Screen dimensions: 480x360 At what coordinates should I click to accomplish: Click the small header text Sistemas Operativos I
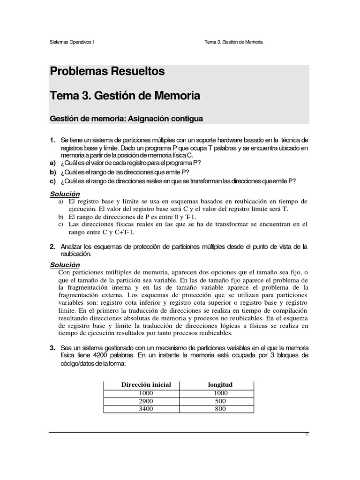coord(72,42)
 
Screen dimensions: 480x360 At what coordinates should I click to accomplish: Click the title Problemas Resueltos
coord(107,72)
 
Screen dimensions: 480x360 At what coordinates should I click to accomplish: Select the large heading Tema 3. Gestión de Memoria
coord(125,96)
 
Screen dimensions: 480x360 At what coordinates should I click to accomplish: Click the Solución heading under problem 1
coord(65,194)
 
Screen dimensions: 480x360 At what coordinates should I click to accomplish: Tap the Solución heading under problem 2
coord(65,265)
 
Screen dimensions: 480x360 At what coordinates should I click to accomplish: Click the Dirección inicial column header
coord(146,385)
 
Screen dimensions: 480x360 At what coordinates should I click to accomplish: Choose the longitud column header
coord(220,385)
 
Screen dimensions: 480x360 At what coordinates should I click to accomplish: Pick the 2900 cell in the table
coord(146,401)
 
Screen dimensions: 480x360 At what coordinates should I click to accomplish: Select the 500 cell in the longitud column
coord(220,401)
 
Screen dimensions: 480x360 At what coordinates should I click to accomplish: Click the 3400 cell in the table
coord(146,409)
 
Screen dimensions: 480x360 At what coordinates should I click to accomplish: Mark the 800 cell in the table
coord(220,409)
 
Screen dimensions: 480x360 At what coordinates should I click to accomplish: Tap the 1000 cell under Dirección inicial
coord(146,393)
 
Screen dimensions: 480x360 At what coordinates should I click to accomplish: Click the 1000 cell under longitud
coord(220,393)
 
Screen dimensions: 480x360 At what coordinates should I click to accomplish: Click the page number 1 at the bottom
coord(307,435)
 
